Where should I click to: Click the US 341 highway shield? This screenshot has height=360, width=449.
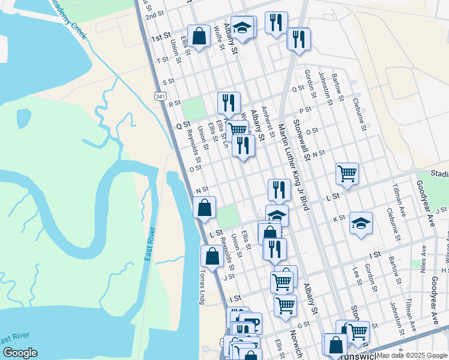(160, 96)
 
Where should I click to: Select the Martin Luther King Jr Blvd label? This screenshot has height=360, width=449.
(293, 167)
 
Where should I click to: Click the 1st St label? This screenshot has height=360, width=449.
(160, 38)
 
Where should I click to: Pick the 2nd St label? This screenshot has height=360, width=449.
(154, 15)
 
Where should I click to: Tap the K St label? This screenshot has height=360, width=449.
(338, 218)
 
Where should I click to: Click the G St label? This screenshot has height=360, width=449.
(303, 325)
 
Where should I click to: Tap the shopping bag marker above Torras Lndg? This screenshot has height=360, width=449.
(212, 256)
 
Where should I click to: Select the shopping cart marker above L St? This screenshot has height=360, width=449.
(348, 173)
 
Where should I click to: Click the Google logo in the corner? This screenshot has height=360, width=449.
(20, 353)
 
